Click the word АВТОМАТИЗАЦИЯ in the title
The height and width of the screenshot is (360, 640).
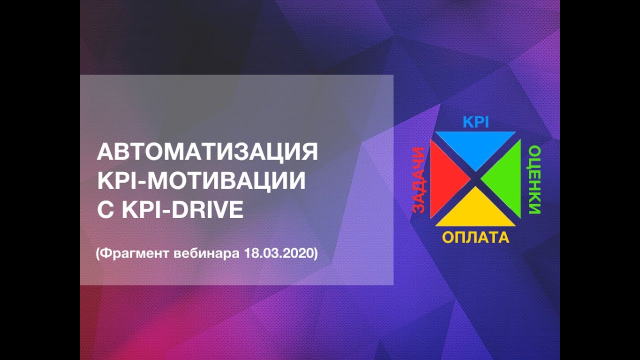tap(207, 152)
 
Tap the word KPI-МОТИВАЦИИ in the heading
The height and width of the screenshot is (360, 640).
tap(201, 181)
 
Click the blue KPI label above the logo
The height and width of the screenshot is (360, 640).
tap(475, 122)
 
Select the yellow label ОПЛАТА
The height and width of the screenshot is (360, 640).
tap(475, 237)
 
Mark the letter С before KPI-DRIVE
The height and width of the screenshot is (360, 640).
tap(105, 210)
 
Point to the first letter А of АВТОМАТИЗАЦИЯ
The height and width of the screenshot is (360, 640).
tap(104, 152)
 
